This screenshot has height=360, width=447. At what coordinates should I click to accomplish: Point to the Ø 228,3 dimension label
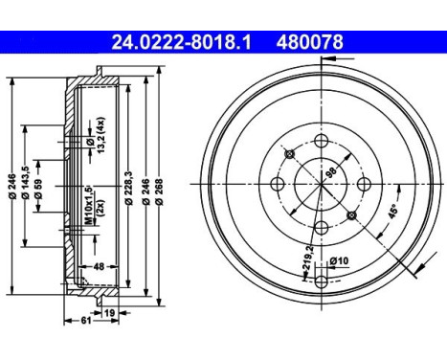pos(127,185)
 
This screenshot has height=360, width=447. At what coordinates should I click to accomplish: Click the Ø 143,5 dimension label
pos(25,185)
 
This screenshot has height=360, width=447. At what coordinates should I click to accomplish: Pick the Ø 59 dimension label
pos(40,185)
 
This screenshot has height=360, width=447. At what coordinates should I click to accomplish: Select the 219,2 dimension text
pos(308,257)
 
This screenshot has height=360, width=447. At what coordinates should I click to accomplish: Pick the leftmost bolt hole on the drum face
pos(278,185)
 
